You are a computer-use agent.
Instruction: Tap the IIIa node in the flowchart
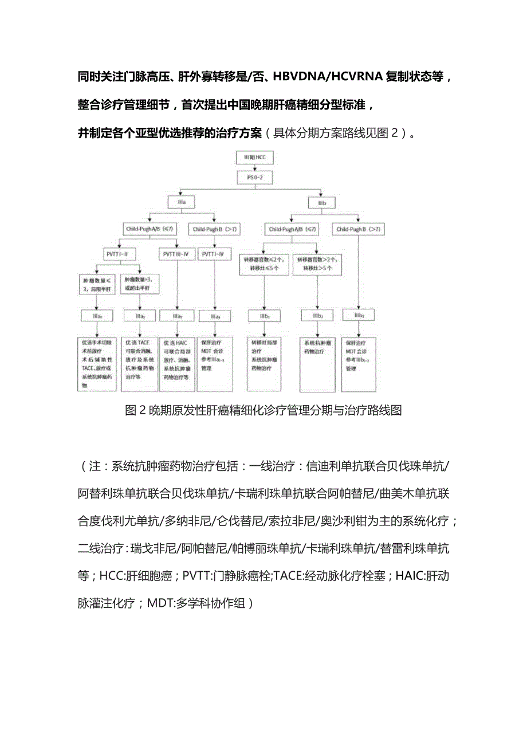[x=180, y=202]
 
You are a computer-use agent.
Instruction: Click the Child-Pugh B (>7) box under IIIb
[x=359, y=229]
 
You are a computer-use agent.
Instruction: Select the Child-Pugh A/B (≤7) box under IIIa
[x=150, y=229]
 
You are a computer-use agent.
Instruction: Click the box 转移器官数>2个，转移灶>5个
[x=318, y=263]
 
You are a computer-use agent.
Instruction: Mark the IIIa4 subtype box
[x=215, y=316]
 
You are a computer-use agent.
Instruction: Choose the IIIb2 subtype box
[x=318, y=316]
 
